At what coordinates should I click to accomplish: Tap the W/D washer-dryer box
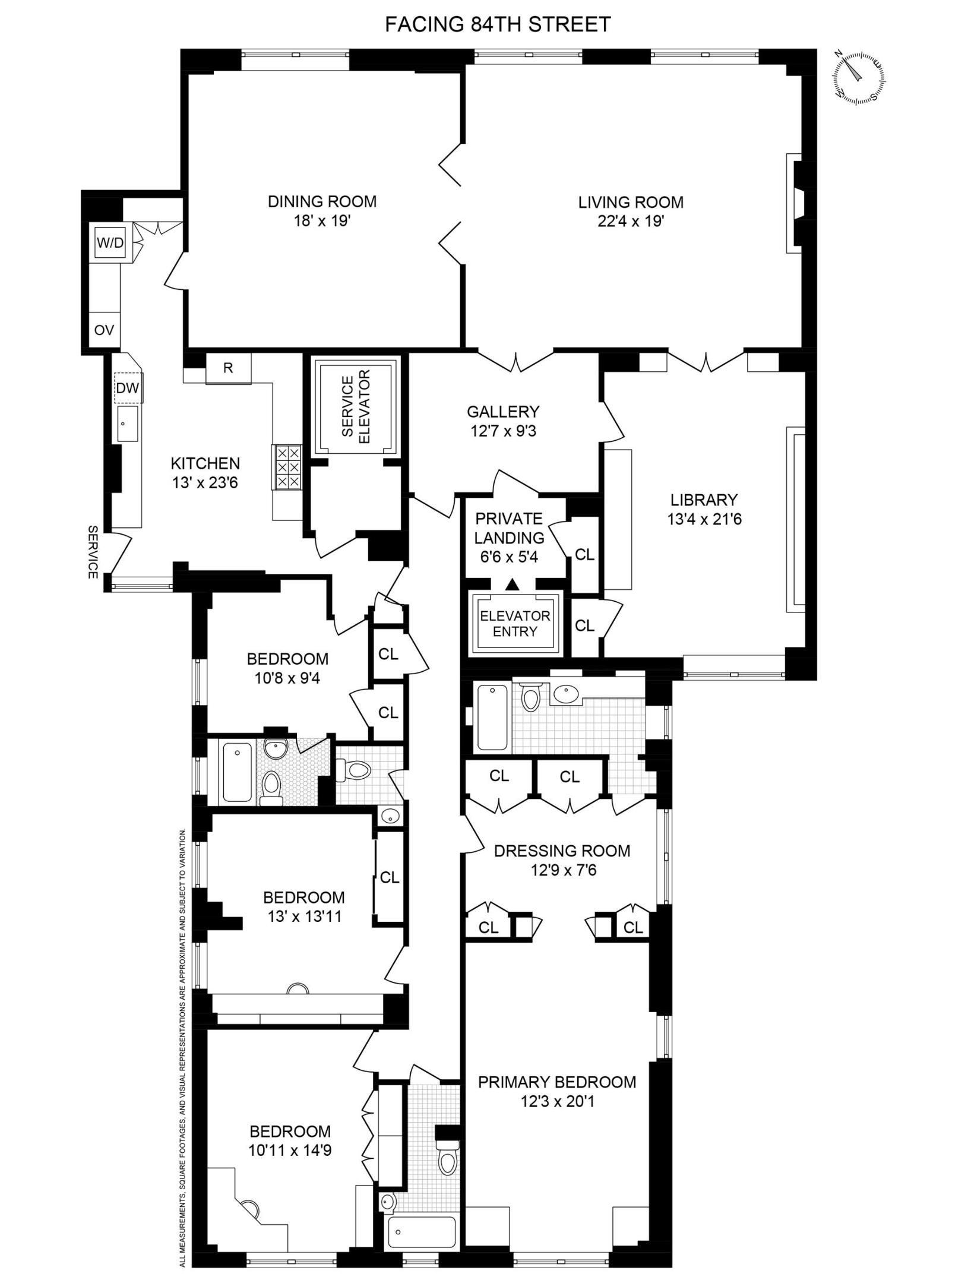click(110, 242)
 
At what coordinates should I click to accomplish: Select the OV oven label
click(104, 330)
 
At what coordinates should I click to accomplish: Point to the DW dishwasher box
click(128, 388)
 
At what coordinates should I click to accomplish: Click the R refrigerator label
click(228, 368)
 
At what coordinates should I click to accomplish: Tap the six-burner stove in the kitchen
click(287, 467)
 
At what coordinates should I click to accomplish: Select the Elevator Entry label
click(515, 624)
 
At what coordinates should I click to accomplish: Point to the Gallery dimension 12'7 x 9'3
click(503, 431)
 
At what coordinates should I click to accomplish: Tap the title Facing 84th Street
click(498, 24)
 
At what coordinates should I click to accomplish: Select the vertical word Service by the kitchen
click(93, 551)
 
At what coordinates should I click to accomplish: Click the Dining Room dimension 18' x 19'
click(322, 221)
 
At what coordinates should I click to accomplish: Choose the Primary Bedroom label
click(557, 1082)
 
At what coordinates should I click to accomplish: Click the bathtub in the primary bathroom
click(492, 718)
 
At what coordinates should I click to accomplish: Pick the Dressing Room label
click(562, 851)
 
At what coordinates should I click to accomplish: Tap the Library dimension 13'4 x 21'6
click(704, 519)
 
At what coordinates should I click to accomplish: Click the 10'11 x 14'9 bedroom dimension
click(290, 1151)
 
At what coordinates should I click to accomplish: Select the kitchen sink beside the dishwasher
click(127, 424)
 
